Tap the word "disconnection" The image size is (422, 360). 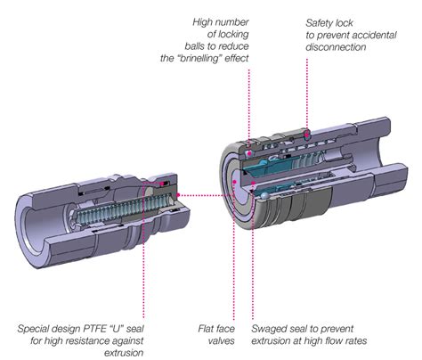pos(341,50)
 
